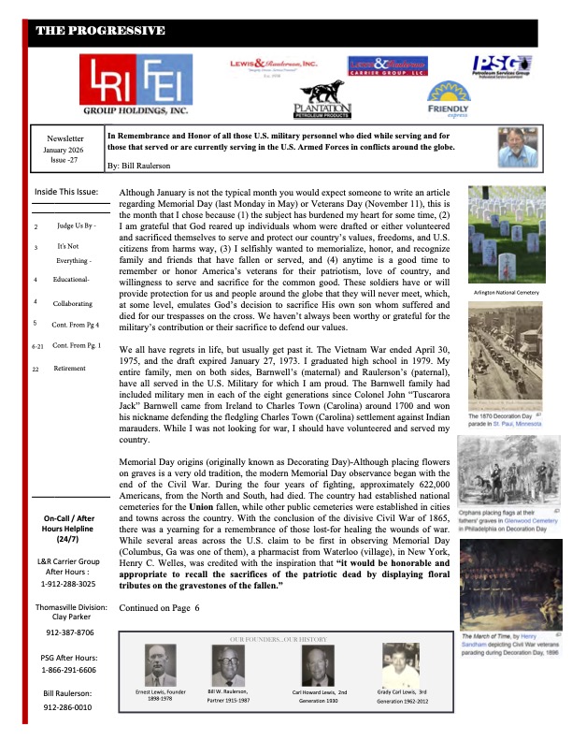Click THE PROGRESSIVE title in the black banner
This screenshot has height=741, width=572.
(x=100, y=31)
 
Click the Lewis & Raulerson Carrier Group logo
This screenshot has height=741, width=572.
(x=386, y=65)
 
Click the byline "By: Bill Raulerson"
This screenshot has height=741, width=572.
(x=146, y=165)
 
